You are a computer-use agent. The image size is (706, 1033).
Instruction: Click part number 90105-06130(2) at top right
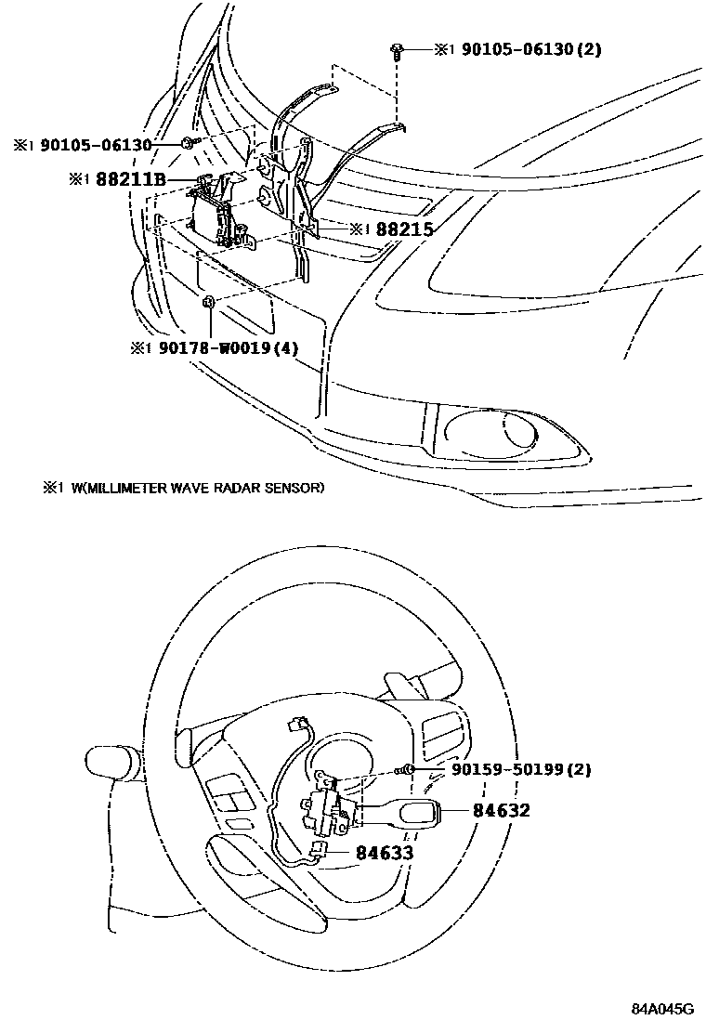(528, 49)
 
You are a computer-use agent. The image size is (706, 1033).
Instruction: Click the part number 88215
(404, 229)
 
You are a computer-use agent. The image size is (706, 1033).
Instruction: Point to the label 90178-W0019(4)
(228, 348)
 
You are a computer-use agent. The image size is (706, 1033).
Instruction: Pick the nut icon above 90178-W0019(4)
(210, 301)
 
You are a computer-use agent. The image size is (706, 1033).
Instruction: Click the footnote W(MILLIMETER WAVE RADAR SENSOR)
(197, 487)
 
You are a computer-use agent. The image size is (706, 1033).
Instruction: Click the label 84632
(502, 810)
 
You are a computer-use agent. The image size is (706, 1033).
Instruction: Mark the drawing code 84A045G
(663, 1009)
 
